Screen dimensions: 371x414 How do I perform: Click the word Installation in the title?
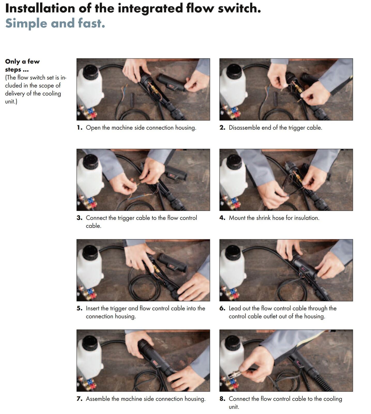click(x=40, y=8)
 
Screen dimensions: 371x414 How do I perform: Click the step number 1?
click(x=79, y=128)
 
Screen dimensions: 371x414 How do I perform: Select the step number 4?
click(x=222, y=218)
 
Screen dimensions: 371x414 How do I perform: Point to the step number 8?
click(x=222, y=399)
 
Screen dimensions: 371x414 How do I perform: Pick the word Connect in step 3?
click(x=96, y=218)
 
